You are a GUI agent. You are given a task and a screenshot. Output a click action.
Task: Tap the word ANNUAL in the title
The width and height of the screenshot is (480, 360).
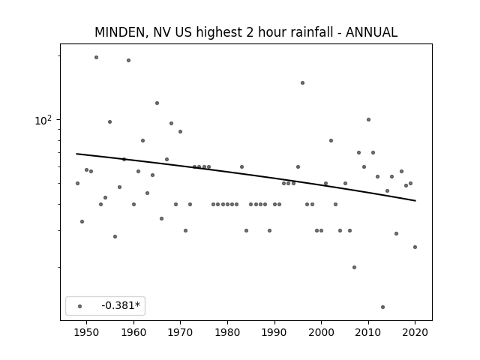click(371, 32)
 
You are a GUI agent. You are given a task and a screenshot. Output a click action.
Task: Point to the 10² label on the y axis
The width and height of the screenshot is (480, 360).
click(43, 120)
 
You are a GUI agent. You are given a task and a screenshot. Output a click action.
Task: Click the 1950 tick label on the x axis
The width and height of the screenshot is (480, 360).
click(87, 332)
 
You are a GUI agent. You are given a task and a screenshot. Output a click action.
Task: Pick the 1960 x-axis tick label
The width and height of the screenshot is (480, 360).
click(133, 332)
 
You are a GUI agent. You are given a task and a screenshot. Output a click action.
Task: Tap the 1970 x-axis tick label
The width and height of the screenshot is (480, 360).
click(180, 332)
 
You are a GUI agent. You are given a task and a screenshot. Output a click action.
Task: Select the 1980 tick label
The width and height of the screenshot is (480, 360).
click(227, 332)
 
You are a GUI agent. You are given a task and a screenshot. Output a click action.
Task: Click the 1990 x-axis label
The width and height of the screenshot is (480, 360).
click(274, 332)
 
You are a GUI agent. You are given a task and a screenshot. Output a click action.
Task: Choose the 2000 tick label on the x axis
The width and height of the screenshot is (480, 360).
click(321, 332)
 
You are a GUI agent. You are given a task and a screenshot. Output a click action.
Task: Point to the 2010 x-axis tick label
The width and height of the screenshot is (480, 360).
click(368, 332)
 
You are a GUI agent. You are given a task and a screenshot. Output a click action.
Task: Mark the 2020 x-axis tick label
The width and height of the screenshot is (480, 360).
click(415, 332)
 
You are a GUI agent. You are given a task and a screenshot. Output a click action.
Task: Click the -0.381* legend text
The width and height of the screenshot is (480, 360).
click(121, 305)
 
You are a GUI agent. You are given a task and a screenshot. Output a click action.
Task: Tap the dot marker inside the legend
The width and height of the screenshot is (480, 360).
click(80, 306)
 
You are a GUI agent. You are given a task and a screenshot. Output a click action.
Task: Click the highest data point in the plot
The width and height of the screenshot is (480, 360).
click(96, 57)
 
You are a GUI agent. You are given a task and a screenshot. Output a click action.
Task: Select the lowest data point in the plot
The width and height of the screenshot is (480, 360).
click(382, 307)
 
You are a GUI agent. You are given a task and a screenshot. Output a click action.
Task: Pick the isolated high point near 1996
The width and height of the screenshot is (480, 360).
click(302, 82)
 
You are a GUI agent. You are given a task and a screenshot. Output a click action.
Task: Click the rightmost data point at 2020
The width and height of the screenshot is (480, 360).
click(415, 247)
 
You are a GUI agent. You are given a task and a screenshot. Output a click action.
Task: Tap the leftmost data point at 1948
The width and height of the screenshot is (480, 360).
click(77, 183)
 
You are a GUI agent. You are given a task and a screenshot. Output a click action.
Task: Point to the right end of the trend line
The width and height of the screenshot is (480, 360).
click(415, 201)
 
